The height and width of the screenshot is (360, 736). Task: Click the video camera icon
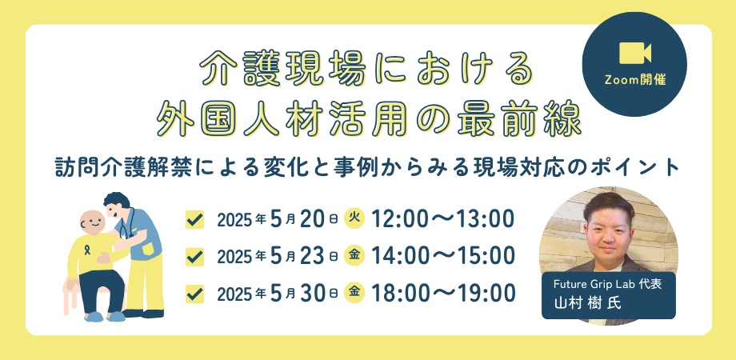pos(634,53)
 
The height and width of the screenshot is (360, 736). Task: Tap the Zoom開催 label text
pos(634,80)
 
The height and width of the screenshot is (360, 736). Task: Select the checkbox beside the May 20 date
pos(194,219)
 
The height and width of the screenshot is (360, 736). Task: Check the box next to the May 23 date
pos(194,257)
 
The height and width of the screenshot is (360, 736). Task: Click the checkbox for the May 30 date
pos(194,294)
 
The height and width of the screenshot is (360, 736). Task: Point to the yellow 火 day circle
pos(354,218)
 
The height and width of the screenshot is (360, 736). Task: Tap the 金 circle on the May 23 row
pos(354,256)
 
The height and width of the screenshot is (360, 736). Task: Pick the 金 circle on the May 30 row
pos(354,294)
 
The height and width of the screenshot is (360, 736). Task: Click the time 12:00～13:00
pos(442,218)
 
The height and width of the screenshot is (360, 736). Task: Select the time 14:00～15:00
pos(443,256)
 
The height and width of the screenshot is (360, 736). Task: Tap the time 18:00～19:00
pos(443,294)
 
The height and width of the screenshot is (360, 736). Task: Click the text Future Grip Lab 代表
pos(607,285)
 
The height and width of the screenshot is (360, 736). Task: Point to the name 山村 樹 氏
pos(587,303)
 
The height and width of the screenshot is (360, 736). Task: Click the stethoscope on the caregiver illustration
pos(126,224)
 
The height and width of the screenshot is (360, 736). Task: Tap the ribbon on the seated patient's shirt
pos(87,250)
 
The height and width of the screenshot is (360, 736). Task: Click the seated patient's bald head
pos(92,222)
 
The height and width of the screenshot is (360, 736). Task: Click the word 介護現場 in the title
pos(283,69)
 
